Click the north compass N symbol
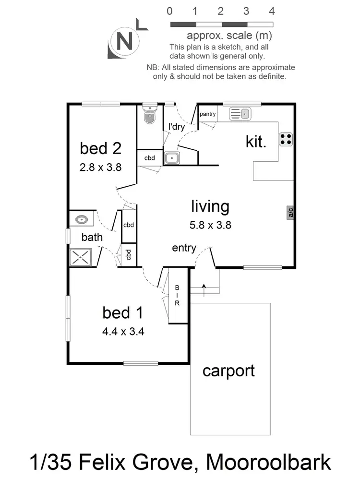click(124, 42)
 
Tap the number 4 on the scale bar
click(272, 11)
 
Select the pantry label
click(207, 114)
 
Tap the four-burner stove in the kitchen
click(286, 139)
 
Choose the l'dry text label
click(176, 127)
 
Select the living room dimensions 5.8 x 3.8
click(211, 224)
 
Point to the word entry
click(184, 248)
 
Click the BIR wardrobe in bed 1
click(177, 295)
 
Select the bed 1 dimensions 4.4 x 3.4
click(123, 331)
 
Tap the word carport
click(228, 371)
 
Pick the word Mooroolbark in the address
click(269, 463)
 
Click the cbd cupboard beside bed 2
click(150, 157)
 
